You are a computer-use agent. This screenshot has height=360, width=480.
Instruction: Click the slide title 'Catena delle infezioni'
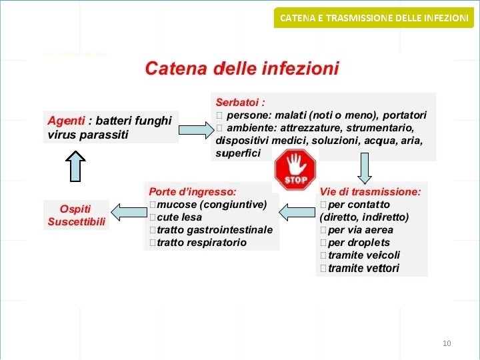point(242,68)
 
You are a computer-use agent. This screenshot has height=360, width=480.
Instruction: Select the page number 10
point(447,343)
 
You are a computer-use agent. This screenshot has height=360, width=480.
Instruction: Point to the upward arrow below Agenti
point(77,166)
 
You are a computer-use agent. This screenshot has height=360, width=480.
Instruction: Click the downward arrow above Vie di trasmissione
point(365,167)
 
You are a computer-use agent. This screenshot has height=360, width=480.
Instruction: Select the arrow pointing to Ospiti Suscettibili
point(129,212)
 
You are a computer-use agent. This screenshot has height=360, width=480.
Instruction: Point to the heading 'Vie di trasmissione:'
point(370,191)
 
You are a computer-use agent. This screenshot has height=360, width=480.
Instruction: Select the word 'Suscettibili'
point(77,221)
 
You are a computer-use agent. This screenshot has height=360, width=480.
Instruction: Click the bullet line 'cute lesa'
point(179,217)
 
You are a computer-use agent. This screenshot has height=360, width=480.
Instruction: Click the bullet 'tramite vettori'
point(363,268)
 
